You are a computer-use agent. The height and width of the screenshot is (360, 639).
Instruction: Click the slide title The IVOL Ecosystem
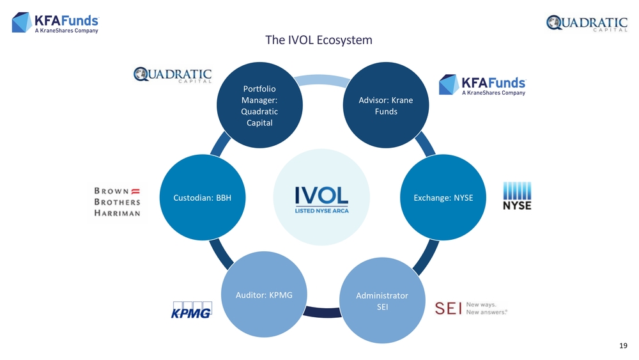[319, 40]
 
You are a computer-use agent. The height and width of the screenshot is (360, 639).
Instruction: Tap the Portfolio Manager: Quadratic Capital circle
[259, 106]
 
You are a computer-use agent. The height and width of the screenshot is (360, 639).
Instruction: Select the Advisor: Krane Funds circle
[386, 106]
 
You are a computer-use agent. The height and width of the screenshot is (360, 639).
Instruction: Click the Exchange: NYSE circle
[443, 198]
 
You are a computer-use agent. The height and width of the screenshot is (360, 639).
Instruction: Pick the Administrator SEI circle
[382, 301]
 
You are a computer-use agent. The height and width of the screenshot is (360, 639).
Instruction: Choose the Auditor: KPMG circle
[264, 294]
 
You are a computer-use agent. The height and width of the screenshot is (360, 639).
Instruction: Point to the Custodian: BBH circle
[203, 198]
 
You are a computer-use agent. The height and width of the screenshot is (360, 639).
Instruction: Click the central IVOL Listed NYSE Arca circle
[321, 198]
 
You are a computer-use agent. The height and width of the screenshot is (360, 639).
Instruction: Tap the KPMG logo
[191, 310]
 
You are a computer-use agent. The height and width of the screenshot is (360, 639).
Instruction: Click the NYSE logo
[517, 196]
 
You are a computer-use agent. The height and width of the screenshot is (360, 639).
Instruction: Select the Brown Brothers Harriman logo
[118, 202]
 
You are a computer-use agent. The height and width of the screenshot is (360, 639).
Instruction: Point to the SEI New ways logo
[471, 308]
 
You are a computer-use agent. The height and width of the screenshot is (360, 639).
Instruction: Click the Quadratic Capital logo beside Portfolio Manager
[173, 75]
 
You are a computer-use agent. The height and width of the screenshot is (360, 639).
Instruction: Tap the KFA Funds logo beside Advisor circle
[482, 85]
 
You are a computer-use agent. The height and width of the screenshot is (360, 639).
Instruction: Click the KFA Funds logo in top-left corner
[56, 22]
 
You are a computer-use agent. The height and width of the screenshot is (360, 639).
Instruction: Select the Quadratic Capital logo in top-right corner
[587, 23]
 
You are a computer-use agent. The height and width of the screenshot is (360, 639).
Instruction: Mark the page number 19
[623, 346]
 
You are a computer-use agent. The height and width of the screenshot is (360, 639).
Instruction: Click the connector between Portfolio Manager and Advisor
[322, 79]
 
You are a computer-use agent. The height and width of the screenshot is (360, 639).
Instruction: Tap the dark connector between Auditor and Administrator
[323, 312]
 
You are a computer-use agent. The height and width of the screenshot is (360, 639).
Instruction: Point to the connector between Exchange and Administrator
[426, 258]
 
